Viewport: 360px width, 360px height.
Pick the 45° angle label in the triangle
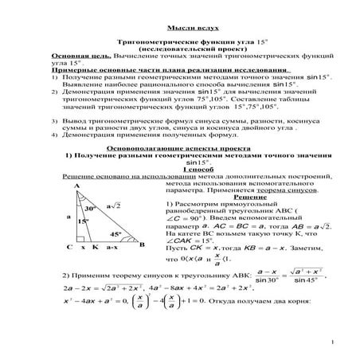tap(115, 234)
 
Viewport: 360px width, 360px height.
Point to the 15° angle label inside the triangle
tap(82, 222)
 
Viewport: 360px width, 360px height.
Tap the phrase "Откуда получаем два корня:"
tap(256, 301)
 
